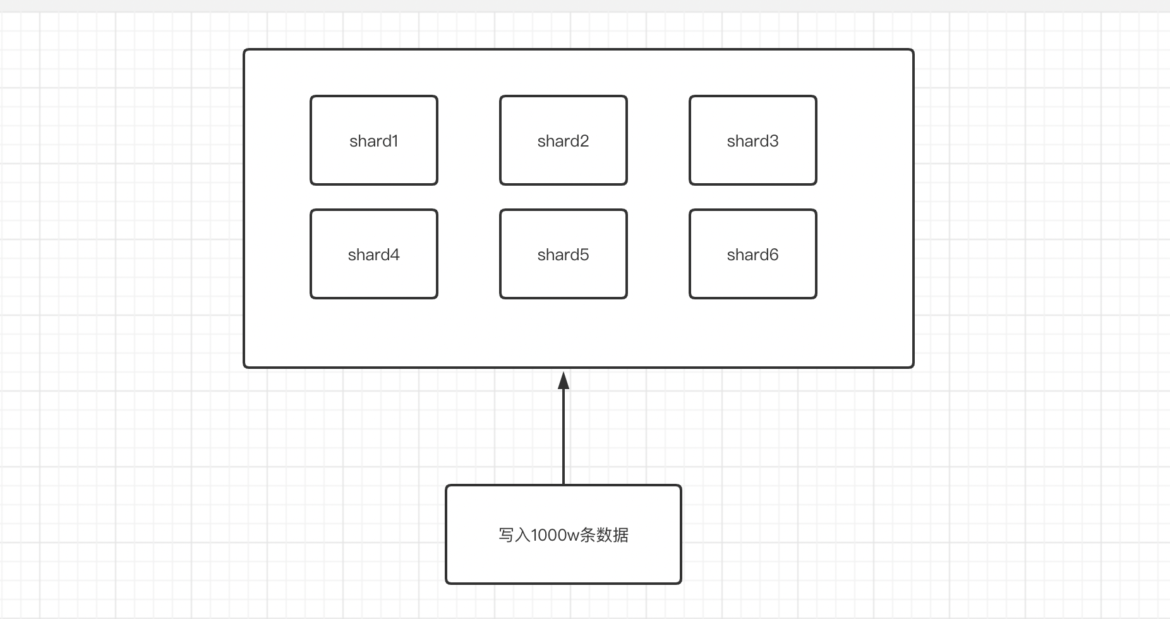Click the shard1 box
coord(374,140)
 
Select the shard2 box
coord(564,140)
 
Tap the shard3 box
coord(753,140)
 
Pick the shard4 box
coord(374,254)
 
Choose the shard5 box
coord(564,254)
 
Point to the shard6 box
coord(753,254)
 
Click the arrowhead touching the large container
coord(564,381)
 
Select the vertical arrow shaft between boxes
coord(564,436)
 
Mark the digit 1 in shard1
coord(395,141)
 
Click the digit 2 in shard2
coord(584,141)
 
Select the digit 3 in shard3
coord(774,141)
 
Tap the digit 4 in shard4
coord(395,255)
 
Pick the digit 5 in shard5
coord(584,255)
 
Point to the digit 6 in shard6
coord(774,255)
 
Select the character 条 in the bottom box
coord(588,535)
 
